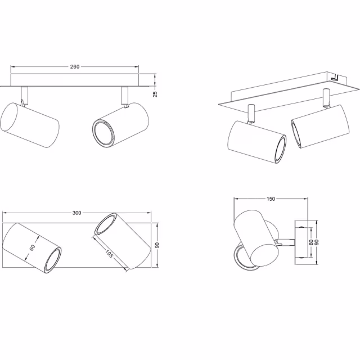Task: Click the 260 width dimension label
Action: pyautogui.click(x=74, y=66)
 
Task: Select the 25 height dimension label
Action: pyautogui.click(x=155, y=94)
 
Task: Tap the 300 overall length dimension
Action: pyautogui.click(x=76, y=213)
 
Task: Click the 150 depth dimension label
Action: pyautogui.click(x=271, y=199)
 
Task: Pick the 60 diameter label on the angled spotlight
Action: pyautogui.click(x=33, y=247)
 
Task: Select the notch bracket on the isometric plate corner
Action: pyautogui.click(x=336, y=77)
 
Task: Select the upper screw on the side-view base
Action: pyautogui.click(x=301, y=227)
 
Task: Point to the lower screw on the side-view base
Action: pyautogui.click(x=301, y=256)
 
